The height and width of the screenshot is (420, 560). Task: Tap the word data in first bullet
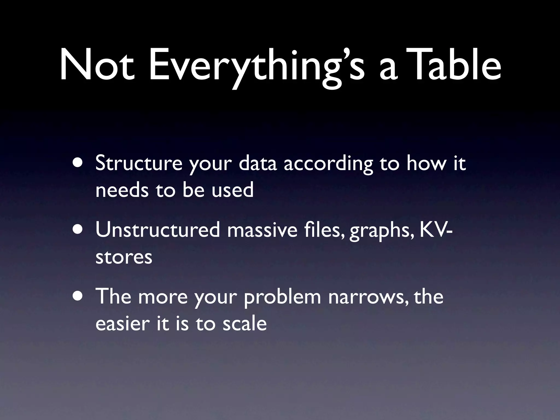(258, 163)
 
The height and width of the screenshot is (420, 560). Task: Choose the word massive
(262, 230)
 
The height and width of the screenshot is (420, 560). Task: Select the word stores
(124, 257)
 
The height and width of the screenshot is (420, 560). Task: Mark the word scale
(244, 324)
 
